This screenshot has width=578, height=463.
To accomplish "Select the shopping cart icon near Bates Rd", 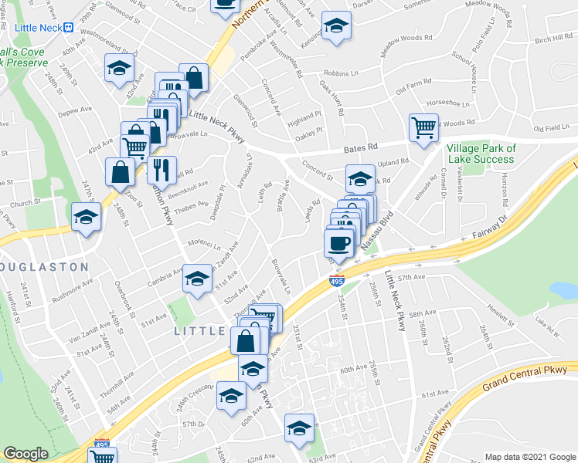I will click(423, 128).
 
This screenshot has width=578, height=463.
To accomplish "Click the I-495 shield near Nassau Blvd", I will click(337, 281).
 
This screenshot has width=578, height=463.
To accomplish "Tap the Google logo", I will click(25, 454).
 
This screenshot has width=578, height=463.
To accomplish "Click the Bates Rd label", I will click(361, 147).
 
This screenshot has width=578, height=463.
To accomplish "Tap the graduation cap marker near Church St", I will click(86, 218).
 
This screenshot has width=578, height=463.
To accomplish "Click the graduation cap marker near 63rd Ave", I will click(300, 428).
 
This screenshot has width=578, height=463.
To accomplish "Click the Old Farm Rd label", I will click(413, 86).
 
